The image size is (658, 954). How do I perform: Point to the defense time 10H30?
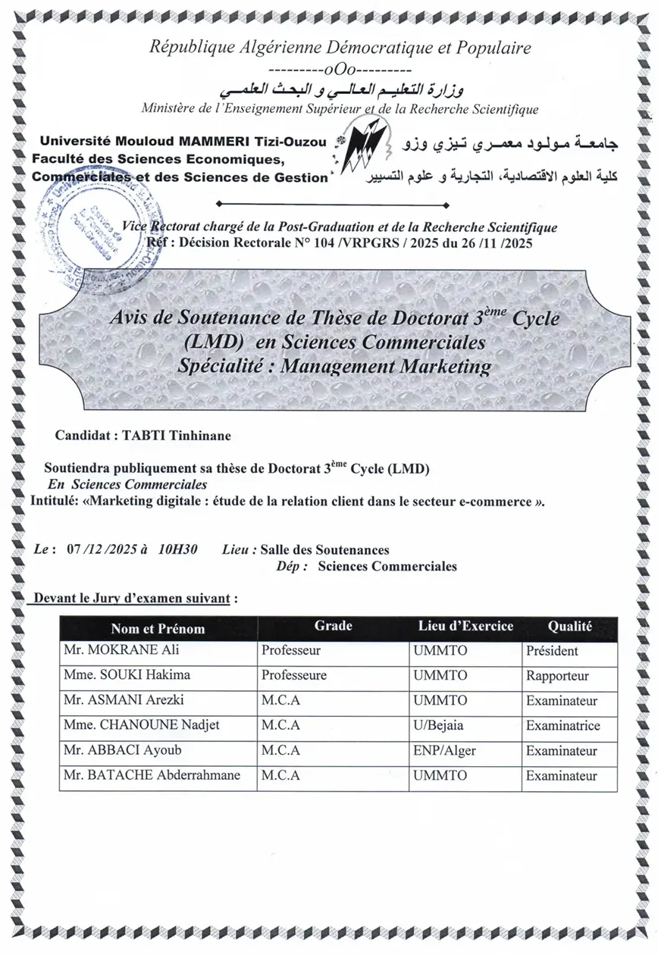point(178,550)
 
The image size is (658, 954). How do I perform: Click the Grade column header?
point(333,626)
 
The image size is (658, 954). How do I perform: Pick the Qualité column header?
point(569,627)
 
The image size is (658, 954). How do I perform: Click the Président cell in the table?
point(552,651)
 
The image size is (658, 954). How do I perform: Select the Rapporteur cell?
point(557,676)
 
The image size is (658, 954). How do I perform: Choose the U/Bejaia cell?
point(440,726)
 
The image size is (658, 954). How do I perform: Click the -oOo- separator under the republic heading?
point(340,72)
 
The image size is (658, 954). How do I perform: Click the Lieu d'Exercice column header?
point(465,626)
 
